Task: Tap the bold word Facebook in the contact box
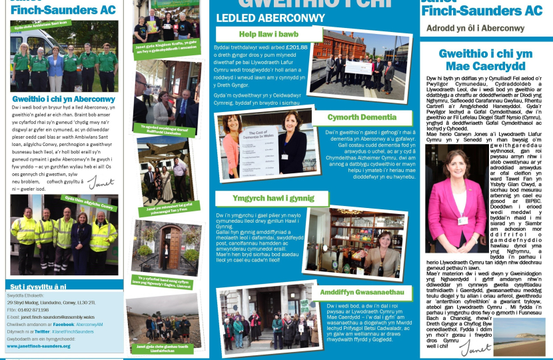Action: click(63, 324)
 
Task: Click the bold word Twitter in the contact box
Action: click(42, 331)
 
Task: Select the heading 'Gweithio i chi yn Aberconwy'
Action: click(64, 99)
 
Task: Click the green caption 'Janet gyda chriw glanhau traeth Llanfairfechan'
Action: click(164, 347)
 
